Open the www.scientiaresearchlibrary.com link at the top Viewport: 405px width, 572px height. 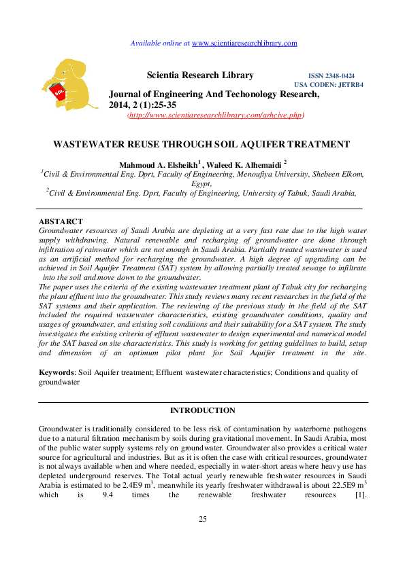(245, 43)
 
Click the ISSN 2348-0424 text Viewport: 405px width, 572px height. (331, 76)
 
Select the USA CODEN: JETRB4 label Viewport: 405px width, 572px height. (328, 85)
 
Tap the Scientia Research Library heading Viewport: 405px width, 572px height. (200, 75)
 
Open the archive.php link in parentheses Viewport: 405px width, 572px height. (216, 116)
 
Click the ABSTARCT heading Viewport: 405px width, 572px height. (61, 222)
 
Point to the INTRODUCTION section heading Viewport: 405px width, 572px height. (202, 410)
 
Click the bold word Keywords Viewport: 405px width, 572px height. (56, 373)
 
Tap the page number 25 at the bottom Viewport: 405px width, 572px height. (202, 538)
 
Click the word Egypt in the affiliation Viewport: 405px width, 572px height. (201, 183)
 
